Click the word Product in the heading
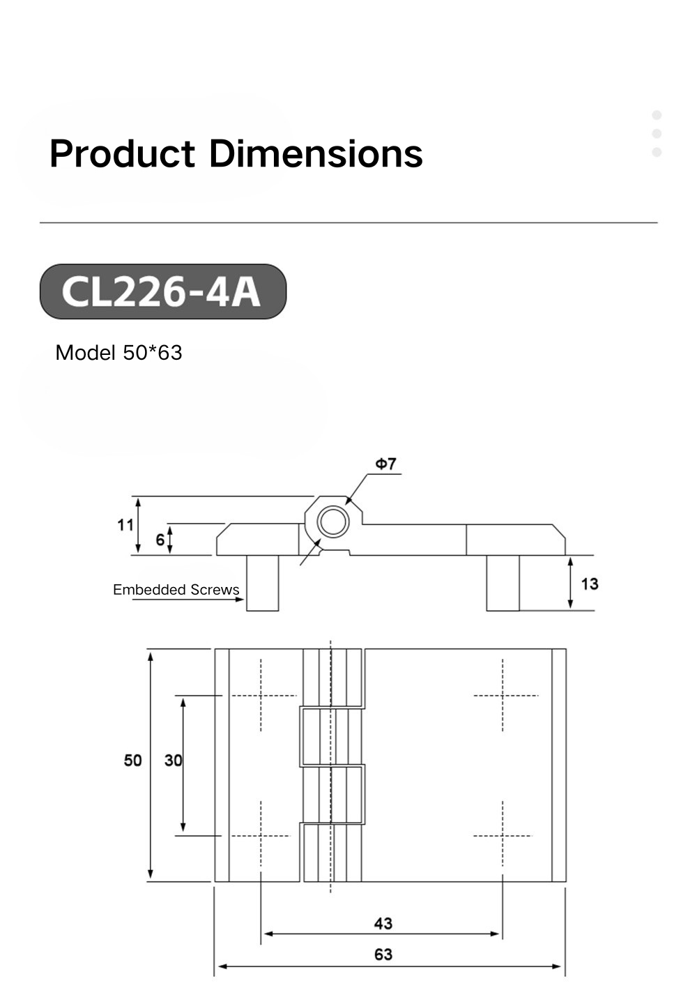(x=123, y=154)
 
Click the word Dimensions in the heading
(x=316, y=154)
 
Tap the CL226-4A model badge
(x=162, y=291)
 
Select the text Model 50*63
(x=118, y=353)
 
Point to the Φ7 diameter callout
(x=385, y=464)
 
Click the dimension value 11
(x=125, y=524)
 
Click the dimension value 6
(x=160, y=540)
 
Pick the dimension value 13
(x=589, y=584)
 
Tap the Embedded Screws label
(x=176, y=590)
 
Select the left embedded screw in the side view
(x=263, y=583)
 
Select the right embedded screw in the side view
(x=503, y=583)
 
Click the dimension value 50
(x=132, y=760)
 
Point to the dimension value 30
(x=173, y=760)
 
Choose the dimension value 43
(x=383, y=924)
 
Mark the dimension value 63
(x=383, y=954)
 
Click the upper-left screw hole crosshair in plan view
(x=261, y=695)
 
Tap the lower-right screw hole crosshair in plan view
(x=503, y=835)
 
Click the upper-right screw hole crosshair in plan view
(x=503, y=695)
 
